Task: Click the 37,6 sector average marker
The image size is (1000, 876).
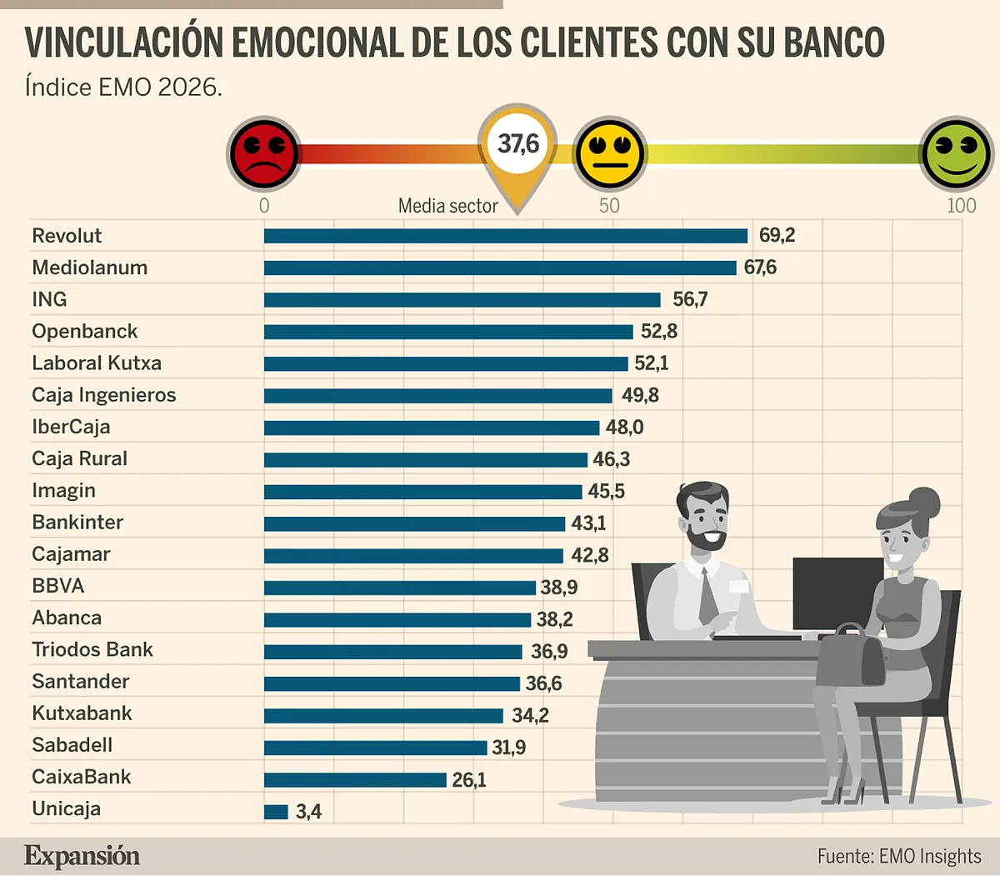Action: click(x=517, y=145)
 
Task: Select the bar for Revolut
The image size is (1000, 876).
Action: click(x=505, y=236)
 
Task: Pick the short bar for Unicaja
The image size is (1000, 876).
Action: click(x=276, y=811)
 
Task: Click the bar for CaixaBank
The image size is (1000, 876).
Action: click(x=355, y=779)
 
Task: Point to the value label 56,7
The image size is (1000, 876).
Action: click(x=690, y=299)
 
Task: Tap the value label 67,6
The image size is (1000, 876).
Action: click(x=760, y=268)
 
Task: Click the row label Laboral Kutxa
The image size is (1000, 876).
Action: click(x=97, y=363)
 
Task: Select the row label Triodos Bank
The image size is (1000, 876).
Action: click(x=92, y=650)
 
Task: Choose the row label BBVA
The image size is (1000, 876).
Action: click(x=58, y=586)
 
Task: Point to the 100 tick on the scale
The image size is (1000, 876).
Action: click(x=961, y=206)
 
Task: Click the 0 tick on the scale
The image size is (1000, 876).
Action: click(x=264, y=206)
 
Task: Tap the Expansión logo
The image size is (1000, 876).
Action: click(x=82, y=856)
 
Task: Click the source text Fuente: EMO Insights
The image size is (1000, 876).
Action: click(x=898, y=856)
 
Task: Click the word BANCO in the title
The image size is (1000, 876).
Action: click(x=833, y=43)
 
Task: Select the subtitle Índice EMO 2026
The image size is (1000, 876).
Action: click(x=123, y=87)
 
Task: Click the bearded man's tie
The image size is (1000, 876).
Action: click(x=707, y=595)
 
